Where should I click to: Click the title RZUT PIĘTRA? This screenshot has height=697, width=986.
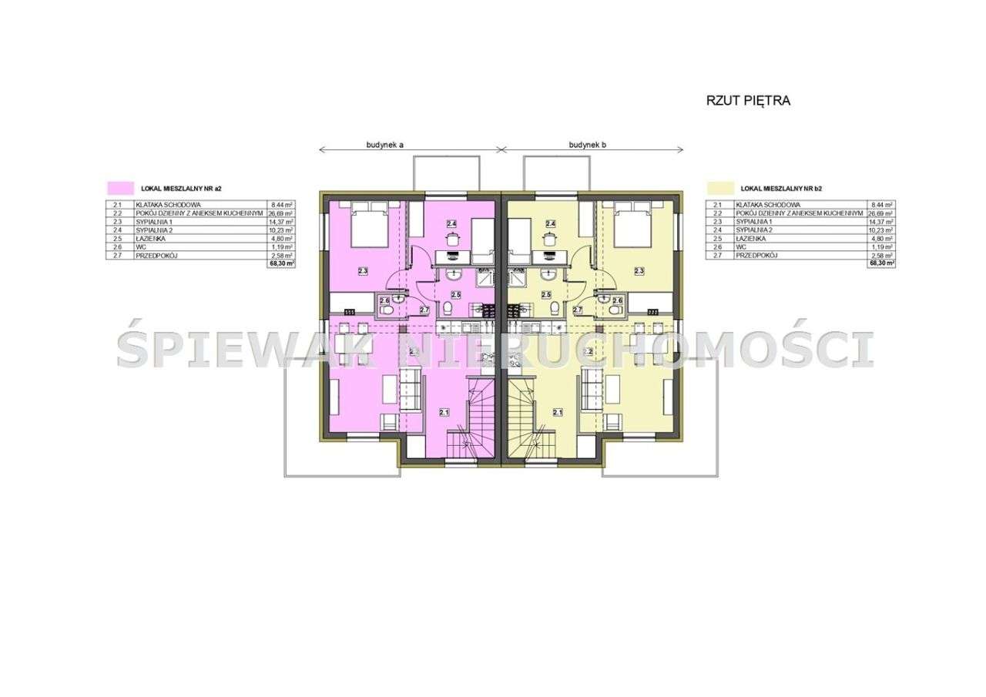pos(748,100)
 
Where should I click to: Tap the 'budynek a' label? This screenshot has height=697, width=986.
pos(385,144)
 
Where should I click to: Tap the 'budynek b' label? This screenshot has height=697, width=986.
pos(589,144)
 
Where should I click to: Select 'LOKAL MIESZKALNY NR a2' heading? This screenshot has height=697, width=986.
pos(182,187)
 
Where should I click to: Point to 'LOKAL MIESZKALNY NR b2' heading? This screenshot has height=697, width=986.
pos(782,187)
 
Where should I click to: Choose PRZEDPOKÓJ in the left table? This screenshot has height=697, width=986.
pos(156,255)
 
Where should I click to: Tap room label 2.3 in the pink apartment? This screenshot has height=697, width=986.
pos(363,271)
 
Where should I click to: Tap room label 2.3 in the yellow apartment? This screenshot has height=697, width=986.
pos(639,271)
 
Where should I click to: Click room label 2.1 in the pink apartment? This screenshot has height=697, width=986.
pos(444,413)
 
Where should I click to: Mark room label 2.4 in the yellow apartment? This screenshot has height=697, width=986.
pos(551,224)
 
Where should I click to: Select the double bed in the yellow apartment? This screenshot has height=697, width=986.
pos(632,224)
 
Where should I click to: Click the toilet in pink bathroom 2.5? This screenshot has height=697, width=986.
pos(450,310)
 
